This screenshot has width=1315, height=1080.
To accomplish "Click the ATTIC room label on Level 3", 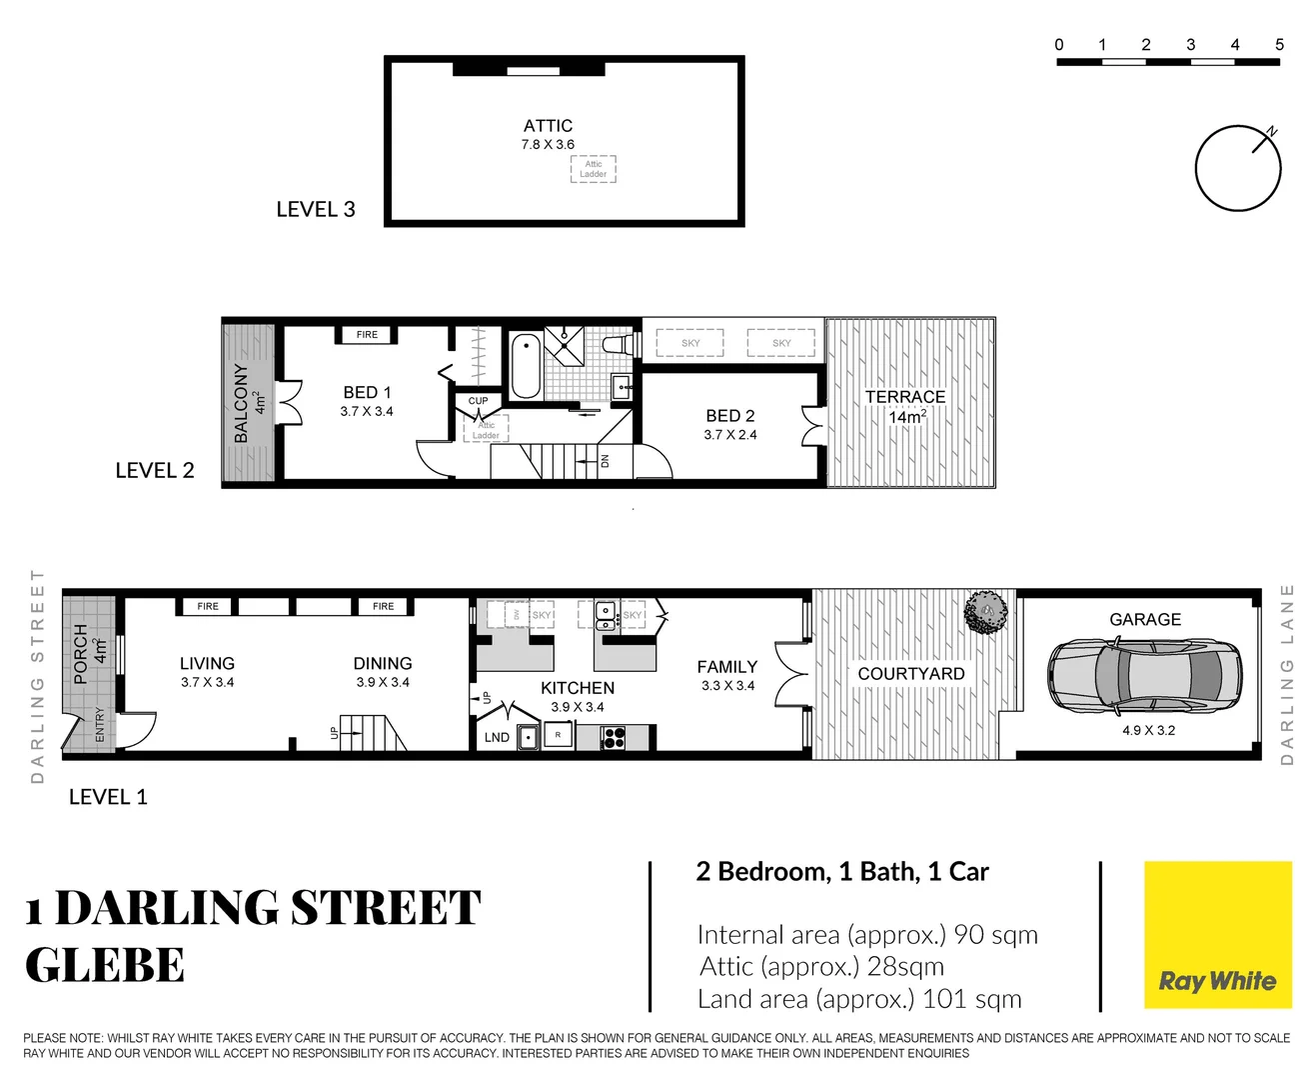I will pos(548,126).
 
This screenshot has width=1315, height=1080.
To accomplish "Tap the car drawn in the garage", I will pos(1144,676).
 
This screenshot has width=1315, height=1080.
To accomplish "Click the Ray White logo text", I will pos(1217,981).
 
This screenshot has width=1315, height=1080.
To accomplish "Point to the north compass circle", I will pos(1237,169).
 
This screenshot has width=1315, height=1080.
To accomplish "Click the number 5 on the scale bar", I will pos(1279,45).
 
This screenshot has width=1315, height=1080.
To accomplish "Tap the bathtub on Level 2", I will pos(526,366).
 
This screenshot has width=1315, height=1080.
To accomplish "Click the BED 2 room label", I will pos(729,416).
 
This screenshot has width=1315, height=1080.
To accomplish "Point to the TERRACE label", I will pos(904,397).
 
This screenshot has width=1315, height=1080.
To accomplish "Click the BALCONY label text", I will pos(241,403).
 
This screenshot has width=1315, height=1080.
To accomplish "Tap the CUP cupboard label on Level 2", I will pos(479,401).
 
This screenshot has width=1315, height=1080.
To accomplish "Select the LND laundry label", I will pos(497,737).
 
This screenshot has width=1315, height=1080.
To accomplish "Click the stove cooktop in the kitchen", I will pos(614,738).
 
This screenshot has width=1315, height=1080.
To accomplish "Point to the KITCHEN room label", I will pos(578,688).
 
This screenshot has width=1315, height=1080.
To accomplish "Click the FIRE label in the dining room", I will pos(383,606).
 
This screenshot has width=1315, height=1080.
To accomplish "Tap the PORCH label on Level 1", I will pos(81,655).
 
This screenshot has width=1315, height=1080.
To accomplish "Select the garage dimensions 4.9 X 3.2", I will pos(1148,730).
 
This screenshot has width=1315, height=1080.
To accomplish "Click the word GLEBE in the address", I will pos(105,966).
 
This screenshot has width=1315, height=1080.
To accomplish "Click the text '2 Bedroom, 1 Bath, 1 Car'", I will pos(842,872).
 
